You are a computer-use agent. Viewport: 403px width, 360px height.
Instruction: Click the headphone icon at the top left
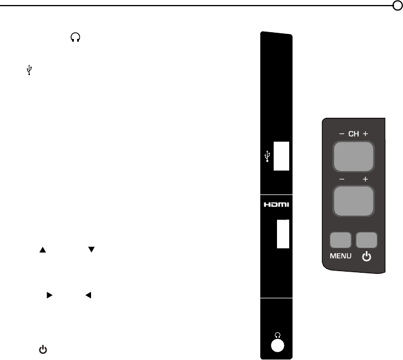click(75, 37)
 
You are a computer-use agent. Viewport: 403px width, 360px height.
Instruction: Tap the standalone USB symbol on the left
click(29, 70)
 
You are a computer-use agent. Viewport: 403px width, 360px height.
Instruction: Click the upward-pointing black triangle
click(43, 249)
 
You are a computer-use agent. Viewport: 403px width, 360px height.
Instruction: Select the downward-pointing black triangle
click(91, 249)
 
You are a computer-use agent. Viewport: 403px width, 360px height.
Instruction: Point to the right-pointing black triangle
click(49, 295)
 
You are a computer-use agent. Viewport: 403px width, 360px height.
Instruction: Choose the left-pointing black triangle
click(88, 295)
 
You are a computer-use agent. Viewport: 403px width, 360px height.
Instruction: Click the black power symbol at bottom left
click(43, 349)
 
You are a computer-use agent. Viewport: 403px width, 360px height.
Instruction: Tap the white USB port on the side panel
click(281, 156)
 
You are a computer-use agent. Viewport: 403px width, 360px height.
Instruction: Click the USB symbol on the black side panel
click(268, 156)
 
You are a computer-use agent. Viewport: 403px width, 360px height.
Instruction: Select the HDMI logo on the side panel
click(276, 204)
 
